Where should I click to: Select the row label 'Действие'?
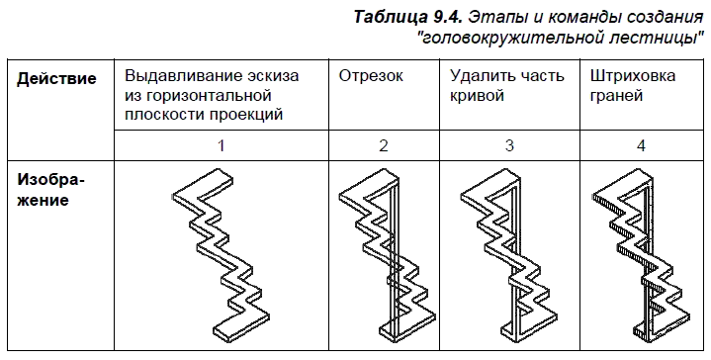[57, 78]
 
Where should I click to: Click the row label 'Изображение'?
[50, 192]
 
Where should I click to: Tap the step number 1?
[222, 146]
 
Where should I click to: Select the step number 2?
[383, 146]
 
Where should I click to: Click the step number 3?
[508, 146]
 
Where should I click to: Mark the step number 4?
[641, 146]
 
